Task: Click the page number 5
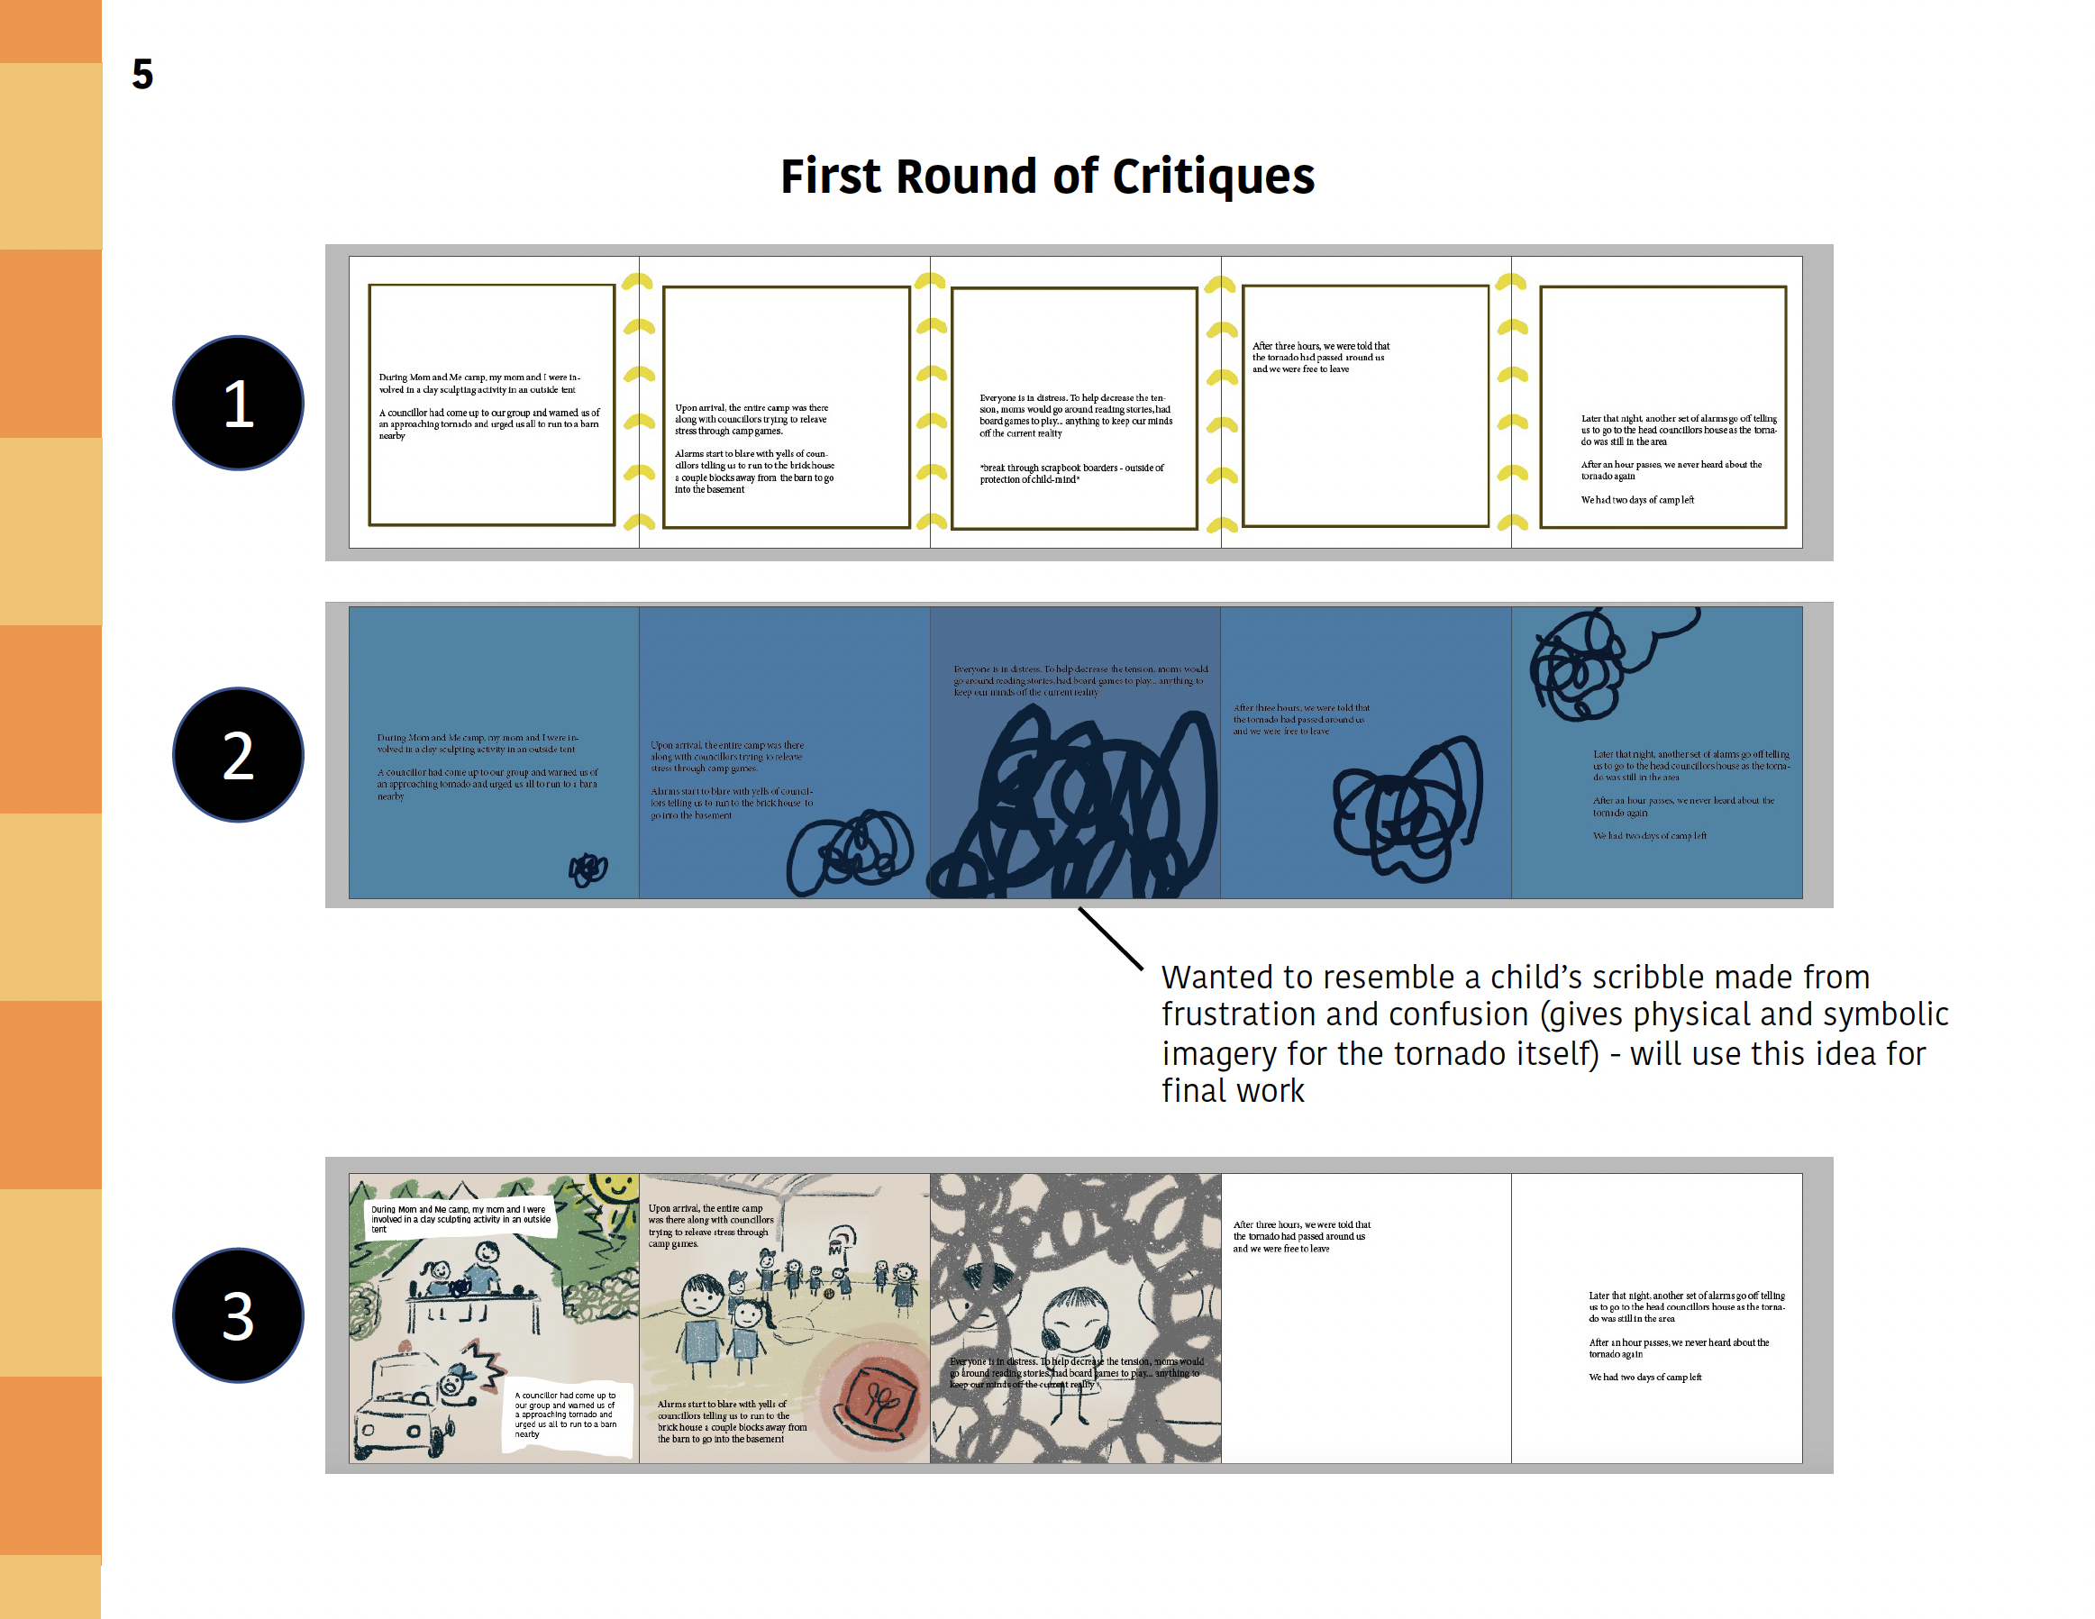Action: (142, 74)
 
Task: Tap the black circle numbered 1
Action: (238, 403)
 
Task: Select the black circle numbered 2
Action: (238, 755)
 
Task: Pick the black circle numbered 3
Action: (238, 1315)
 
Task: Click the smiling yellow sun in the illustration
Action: (614, 1189)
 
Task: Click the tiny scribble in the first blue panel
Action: (588, 869)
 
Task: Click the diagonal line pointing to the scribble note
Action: (1111, 939)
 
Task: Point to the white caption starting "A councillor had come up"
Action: (566, 1414)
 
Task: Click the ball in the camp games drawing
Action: (829, 1293)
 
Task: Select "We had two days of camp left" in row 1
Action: (1637, 500)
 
